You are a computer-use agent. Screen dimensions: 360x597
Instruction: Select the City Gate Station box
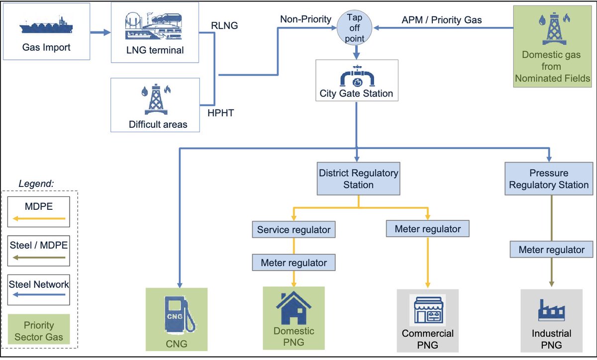(x=356, y=80)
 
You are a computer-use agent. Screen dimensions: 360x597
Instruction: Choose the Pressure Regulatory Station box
(x=549, y=179)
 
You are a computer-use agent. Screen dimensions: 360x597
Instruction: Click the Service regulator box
(x=294, y=230)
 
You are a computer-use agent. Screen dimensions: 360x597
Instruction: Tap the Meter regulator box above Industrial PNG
(x=551, y=250)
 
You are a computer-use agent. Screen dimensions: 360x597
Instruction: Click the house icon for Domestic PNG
(x=294, y=308)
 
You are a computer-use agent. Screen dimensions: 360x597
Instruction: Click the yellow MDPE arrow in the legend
(x=38, y=218)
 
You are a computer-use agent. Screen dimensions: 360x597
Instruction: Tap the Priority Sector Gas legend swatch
(x=38, y=331)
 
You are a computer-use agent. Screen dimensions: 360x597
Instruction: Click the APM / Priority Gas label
(x=441, y=20)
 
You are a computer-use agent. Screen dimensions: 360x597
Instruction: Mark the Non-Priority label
(x=305, y=19)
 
